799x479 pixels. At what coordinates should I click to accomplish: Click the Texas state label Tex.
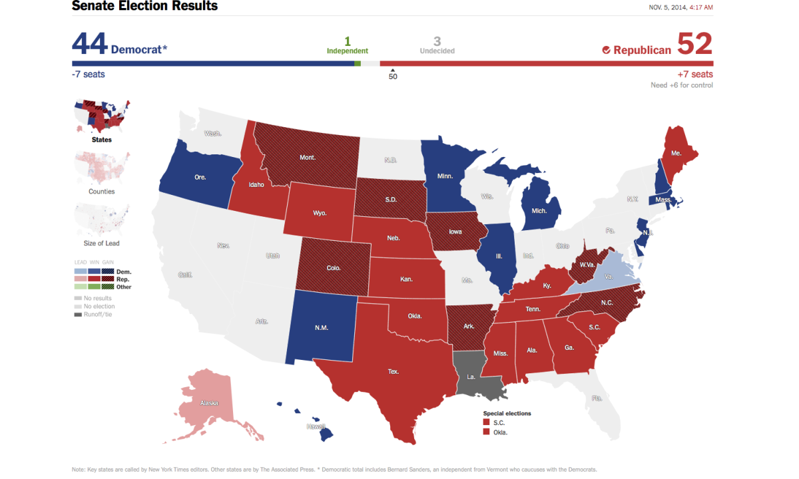click(x=394, y=371)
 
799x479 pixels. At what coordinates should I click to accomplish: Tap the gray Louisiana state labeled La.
click(x=471, y=376)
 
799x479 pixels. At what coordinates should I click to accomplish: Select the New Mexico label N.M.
click(x=322, y=327)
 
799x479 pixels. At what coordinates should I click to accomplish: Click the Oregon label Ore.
click(x=200, y=178)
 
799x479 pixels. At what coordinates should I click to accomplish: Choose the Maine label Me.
click(x=676, y=152)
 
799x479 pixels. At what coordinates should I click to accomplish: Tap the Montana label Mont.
click(x=308, y=158)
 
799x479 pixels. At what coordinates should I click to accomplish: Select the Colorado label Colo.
click(x=334, y=268)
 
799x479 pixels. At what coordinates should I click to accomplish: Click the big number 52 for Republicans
click(x=694, y=45)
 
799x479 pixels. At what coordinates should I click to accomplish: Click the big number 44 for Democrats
click(x=89, y=45)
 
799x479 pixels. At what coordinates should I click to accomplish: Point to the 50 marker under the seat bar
click(x=393, y=76)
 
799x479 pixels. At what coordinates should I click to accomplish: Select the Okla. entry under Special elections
click(x=499, y=432)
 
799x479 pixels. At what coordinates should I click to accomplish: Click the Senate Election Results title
click(x=144, y=7)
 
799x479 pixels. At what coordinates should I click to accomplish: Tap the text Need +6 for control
click(x=681, y=85)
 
